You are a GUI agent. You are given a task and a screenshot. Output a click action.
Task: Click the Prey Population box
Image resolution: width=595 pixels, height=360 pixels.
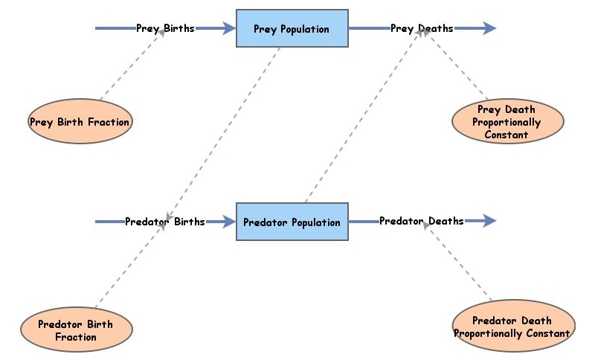(292, 29)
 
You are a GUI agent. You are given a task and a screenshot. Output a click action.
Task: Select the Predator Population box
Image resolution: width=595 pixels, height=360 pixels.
(292, 222)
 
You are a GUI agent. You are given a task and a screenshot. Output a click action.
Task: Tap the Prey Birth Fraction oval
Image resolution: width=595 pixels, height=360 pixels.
(80, 122)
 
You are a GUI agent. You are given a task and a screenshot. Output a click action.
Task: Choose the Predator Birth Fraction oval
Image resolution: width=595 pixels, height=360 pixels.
(76, 330)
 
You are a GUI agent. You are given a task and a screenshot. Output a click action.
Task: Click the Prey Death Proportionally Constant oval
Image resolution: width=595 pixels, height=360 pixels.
(506, 122)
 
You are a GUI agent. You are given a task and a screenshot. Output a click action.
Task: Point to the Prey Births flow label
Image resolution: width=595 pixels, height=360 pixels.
(165, 29)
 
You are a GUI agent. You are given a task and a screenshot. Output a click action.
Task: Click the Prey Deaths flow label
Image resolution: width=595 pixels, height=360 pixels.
(422, 29)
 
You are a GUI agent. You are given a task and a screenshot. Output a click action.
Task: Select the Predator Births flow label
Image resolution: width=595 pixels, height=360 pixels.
(164, 222)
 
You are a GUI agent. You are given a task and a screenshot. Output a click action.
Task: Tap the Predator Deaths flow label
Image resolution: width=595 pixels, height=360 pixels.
(421, 221)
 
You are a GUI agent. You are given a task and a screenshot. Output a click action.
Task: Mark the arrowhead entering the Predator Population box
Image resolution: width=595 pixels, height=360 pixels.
(228, 222)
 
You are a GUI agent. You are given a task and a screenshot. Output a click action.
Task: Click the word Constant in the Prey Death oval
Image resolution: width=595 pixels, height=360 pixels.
(506, 135)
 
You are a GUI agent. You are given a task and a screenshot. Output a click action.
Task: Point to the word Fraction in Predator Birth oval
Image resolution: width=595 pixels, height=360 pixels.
(76, 337)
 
